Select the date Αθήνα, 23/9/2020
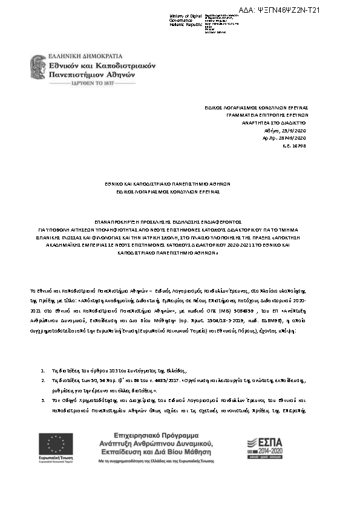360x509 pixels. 290,130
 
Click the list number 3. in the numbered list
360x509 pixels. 42,400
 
